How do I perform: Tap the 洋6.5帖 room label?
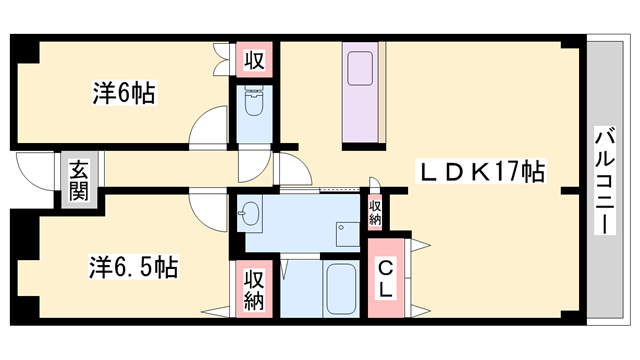133,267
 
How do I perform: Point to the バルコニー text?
604,181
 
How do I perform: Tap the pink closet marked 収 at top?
254,59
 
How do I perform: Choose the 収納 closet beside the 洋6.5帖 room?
254,287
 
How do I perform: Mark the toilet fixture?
253,104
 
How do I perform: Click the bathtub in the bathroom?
341,288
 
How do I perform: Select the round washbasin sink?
249,213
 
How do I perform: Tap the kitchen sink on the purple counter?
359,71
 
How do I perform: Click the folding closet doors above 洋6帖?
221,58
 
